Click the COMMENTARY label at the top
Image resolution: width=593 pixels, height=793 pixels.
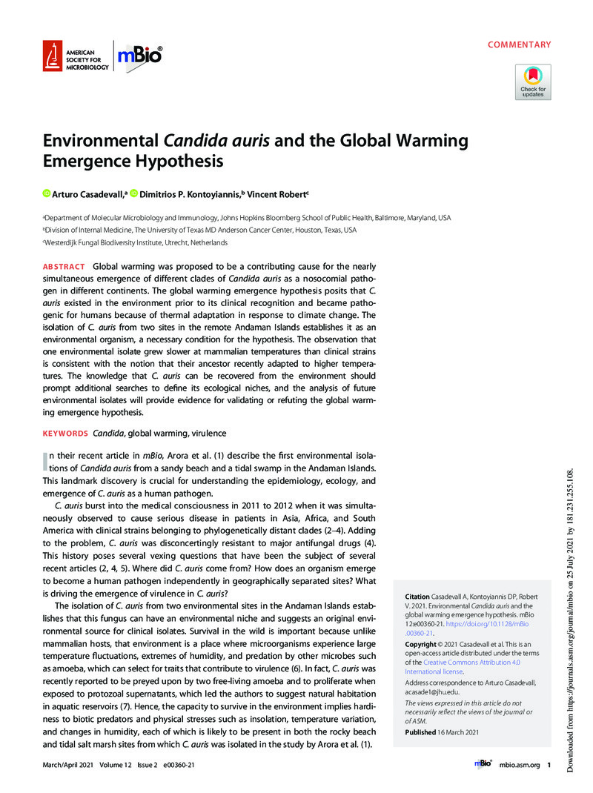[519, 45]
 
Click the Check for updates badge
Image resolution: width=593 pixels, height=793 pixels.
[533, 82]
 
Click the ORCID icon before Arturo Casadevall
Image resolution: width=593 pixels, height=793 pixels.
[45, 194]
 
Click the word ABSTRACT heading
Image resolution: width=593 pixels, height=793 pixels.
[63, 266]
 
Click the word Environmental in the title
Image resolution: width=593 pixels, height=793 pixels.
[90, 141]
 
